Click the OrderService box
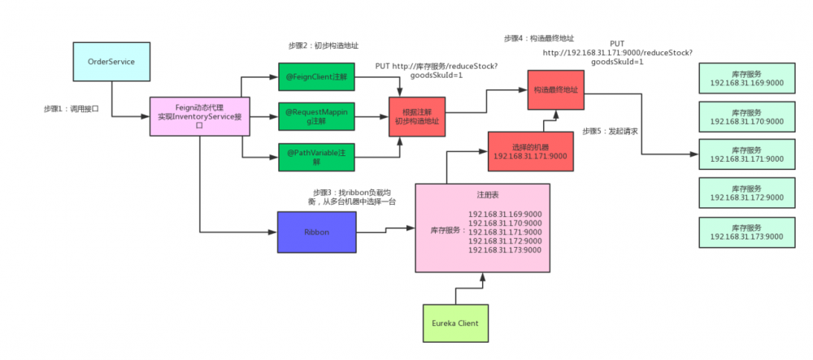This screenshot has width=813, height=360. point(111,62)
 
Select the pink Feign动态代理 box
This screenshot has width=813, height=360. point(199,116)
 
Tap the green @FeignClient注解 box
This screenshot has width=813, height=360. point(316,76)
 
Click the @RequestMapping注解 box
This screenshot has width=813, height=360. point(316,116)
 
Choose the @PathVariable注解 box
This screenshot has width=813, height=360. point(316,156)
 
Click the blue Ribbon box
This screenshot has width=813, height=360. point(316,232)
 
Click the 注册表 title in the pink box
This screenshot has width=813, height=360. point(482,195)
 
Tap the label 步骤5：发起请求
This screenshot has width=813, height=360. point(610,132)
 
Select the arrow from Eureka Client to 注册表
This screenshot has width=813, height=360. point(483,288)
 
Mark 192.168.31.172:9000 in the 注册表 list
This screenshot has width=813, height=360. point(505,241)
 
